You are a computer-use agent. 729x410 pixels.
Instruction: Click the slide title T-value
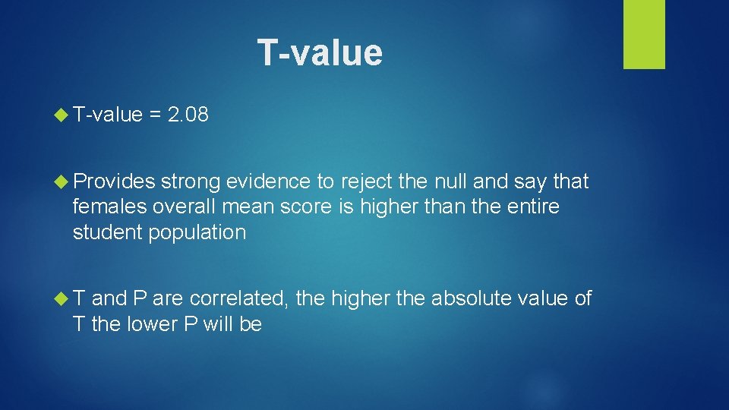coord(320,52)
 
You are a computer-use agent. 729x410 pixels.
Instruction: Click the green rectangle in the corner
coord(644,34)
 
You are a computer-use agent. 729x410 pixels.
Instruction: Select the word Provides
coord(114,181)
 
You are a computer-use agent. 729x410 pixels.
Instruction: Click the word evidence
coord(267,181)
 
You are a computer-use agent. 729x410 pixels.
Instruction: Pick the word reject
coord(363,181)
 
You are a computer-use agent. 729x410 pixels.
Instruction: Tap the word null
coord(455,181)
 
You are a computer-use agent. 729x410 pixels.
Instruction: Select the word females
coord(110,207)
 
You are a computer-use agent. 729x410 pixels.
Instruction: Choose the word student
coord(107,232)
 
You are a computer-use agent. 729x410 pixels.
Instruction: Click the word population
coord(197,232)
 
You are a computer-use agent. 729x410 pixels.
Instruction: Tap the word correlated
coord(239,298)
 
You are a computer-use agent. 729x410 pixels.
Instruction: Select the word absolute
coord(471,298)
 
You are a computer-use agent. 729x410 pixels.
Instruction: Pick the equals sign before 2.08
coord(155,116)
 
